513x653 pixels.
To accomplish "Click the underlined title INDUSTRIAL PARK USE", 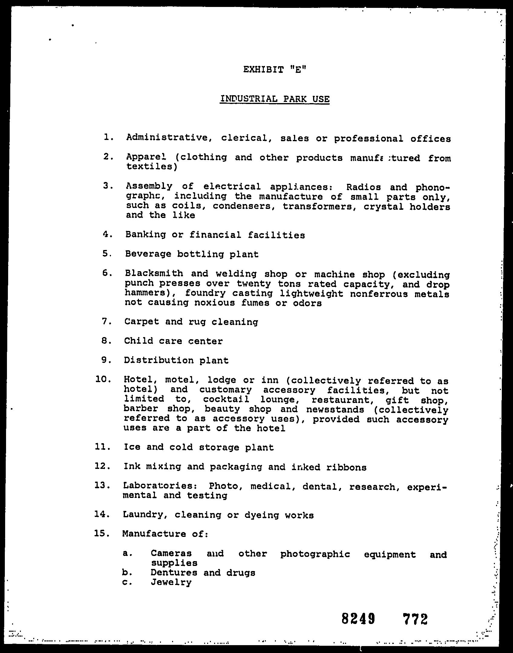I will tap(275, 99).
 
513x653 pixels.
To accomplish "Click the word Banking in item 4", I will tap(145, 235).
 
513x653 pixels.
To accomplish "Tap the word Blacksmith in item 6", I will tap(154, 274).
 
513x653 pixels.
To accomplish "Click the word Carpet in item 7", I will tap(142, 322).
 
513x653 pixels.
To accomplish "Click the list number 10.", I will tap(103, 379).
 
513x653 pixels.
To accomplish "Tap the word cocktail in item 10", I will tap(226, 399).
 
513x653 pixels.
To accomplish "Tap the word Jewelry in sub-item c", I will tap(171, 582).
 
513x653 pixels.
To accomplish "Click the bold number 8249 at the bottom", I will tap(358, 619).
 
